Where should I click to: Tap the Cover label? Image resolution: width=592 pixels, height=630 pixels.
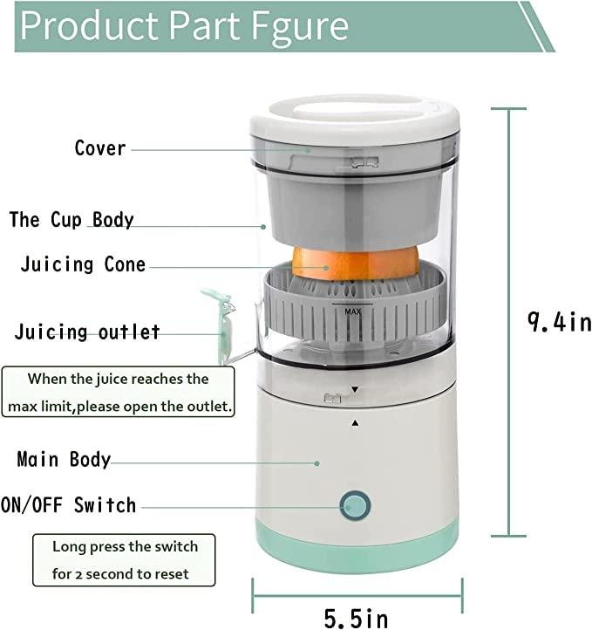[x=100, y=147]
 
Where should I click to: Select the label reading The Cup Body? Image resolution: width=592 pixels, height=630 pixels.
[x=71, y=219]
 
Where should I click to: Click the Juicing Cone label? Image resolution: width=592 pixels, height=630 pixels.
[x=83, y=264]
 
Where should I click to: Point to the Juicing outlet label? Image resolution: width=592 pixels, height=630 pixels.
[x=87, y=332]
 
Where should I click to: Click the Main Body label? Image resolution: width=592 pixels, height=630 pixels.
[x=65, y=459]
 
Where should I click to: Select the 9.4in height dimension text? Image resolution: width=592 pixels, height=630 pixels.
[x=558, y=322]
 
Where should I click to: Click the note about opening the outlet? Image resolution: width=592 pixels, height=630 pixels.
[x=119, y=393]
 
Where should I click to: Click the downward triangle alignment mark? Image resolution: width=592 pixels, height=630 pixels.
[x=355, y=389]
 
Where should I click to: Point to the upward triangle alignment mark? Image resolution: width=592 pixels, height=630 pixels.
[x=355, y=422]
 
